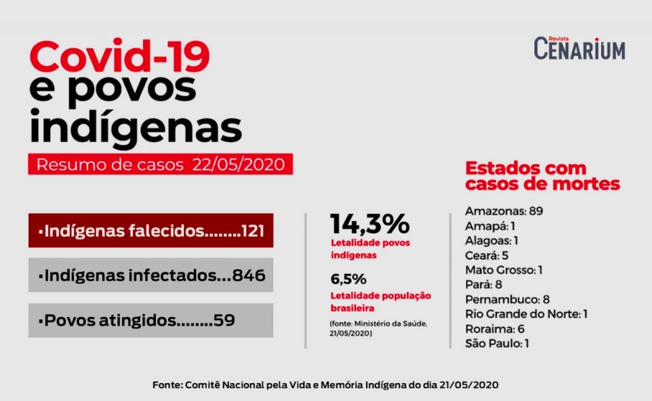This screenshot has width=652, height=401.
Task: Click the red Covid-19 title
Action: click(x=120, y=57)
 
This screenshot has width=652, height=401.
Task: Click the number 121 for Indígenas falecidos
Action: click(x=252, y=230)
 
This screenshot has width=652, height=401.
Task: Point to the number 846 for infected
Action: click(x=249, y=276)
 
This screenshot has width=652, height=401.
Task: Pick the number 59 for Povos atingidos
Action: click(x=224, y=320)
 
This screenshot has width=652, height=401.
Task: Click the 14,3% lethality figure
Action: click(x=369, y=224)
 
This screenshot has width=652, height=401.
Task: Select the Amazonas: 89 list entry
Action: click(x=504, y=211)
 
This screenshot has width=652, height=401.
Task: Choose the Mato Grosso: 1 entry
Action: click(x=504, y=270)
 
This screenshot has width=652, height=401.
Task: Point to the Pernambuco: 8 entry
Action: click(x=507, y=299)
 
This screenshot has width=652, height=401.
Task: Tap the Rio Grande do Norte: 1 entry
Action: click(x=526, y=314)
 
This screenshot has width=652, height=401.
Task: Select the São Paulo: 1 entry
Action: click(x=497, y=343)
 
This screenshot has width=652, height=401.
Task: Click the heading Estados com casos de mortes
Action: click(x=542, y=176)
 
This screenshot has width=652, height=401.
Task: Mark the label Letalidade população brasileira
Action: click(x=381, y=301)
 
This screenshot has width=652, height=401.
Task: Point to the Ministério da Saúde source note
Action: click(x=378, y=328)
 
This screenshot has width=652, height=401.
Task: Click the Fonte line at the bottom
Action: click(x=325, y=385)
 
